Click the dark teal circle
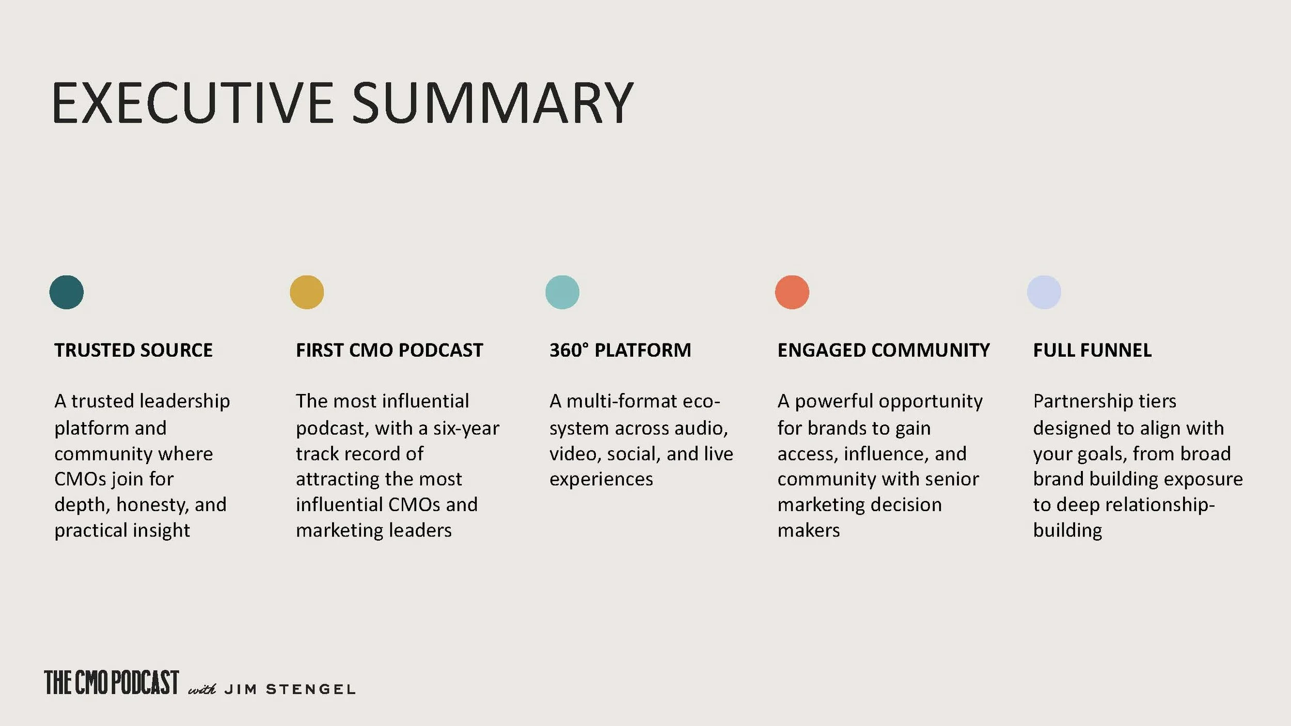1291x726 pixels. click(67, 292)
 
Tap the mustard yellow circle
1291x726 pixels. click(307, 292)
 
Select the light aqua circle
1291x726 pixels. click(562, 292)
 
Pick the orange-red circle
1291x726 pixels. click(792, 292)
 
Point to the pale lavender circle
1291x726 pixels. click(1044, 292)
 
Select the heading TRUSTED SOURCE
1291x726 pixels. click(133, 351)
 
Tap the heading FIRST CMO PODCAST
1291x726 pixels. click(389, 351)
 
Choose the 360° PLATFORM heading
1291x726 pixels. click(620, 351)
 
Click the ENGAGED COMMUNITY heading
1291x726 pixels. click(884, 351)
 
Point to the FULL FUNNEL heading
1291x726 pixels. click(1092, 351)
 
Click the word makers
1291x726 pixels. click(809, 531)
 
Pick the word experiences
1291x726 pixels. click(601, 479)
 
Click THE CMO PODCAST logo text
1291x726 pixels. click(112, 683)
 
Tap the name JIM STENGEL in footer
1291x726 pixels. click(290, 689)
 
